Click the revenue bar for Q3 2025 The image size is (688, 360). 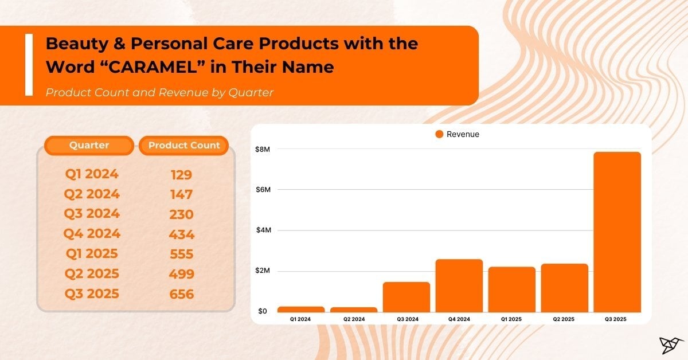point(617,232)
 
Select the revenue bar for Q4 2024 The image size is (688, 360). point(459,285)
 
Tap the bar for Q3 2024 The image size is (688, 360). point(406,297)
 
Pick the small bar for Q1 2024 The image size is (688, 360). point(301,310)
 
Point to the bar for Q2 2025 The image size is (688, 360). point(564,288)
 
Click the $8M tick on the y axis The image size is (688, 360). point(262,149)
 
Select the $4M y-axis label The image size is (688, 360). point(262,230)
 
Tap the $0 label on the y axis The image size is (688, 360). point(262,311)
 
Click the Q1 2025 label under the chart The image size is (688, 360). point(511,319)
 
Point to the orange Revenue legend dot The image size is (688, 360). point(439,134)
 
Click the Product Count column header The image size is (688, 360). point(183,146)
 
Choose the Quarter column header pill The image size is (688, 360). point(89,146)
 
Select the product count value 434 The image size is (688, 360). point(182,234)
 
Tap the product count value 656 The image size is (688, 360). point(182,295)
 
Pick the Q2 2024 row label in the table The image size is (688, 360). point(92,194)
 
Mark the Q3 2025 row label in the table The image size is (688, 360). point(92,294)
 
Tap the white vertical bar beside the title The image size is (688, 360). point(29,64)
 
